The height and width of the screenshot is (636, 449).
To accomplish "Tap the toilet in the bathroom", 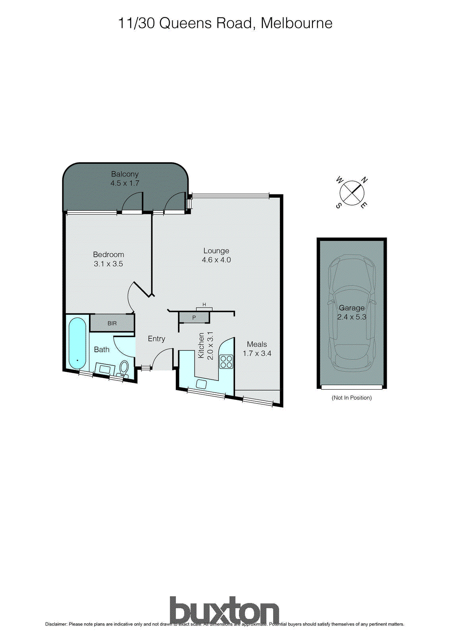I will point(124,368).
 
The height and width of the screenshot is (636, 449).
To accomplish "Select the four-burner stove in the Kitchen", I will point(226,361).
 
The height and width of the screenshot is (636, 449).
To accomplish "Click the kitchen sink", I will point(201,384).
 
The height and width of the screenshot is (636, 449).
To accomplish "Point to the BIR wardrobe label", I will point(112,323).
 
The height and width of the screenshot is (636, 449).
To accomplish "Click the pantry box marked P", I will point(194,318).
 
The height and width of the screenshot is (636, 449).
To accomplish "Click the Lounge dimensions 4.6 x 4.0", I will point(216,260).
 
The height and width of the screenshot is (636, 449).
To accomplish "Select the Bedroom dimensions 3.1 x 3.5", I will point(108,264).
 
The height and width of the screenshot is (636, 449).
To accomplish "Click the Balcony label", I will point(125,174).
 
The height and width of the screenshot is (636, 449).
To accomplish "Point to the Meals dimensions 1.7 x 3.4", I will point(257,353).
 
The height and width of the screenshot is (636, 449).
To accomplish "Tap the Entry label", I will point(156,339).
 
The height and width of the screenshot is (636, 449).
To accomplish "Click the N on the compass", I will point(364,180).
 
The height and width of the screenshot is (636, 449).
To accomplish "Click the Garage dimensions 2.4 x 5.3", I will point(352,317).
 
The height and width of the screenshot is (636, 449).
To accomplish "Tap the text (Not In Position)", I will point(352,397).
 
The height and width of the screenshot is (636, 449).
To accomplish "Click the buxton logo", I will point(224,611).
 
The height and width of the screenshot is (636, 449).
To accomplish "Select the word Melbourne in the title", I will point(297,23).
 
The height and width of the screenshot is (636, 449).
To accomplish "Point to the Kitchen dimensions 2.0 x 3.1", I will point(210,346).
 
